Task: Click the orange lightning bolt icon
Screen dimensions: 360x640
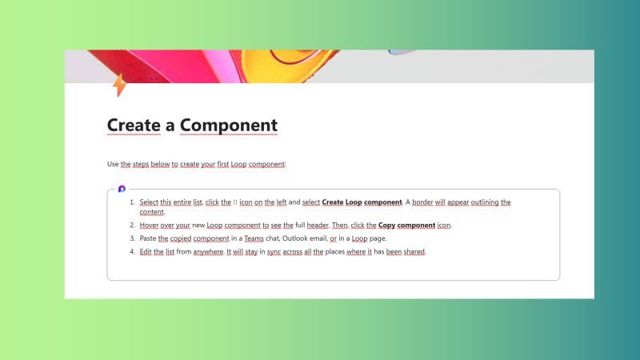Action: tap(119, 84)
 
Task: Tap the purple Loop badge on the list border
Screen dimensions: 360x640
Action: tap(122, 189)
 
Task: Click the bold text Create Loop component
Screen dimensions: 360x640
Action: tap(362, 202)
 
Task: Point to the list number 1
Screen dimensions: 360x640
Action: tap(132, 202)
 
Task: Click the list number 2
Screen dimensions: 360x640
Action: tap(132, 225)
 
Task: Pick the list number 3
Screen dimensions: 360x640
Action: tap(132, 238)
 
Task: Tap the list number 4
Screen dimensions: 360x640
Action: tap(132, 251)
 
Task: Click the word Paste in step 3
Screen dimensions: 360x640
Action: tap(148, 238)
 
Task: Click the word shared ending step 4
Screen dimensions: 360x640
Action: tap(414, 251)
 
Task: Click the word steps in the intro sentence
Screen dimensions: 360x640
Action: tap(142, 164)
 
